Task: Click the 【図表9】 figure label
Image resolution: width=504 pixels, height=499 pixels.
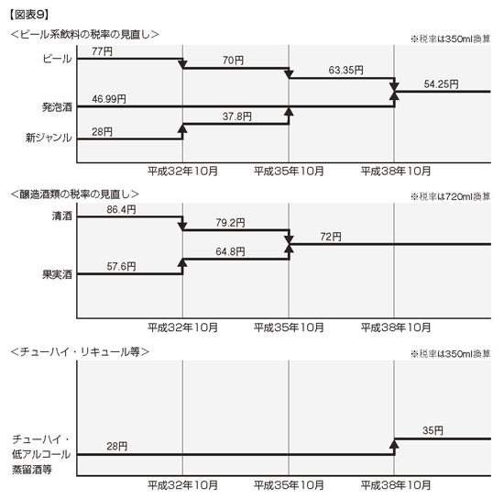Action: [x=29, y=15]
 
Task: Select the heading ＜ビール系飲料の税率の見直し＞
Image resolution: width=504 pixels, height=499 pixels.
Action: [x=85, y=35]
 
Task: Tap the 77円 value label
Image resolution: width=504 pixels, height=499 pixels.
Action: [x=102, y=51]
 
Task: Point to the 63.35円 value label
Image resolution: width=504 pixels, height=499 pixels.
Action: [x=345, y=70]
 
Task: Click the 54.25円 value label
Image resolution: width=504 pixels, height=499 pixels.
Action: [x=441, y=84]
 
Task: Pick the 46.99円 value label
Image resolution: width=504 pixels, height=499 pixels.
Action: [x=109, y=99]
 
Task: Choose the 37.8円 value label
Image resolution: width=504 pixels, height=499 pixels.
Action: [x=237, y=116]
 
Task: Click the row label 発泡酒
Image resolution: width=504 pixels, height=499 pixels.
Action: [x=57, y=107]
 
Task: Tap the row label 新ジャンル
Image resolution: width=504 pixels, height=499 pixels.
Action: [x=49, y=138]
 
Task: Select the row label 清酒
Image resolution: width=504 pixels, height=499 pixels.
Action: [x=62, y=216]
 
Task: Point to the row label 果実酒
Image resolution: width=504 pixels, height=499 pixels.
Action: [x=57, y=274]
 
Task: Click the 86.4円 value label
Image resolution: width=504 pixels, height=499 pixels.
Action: [x=121, y=209]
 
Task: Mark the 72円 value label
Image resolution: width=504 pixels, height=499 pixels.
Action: [x=331, y=237]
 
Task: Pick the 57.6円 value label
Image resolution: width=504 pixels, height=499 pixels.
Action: [x=121, y=266]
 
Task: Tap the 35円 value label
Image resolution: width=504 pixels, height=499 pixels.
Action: [x=433, y=430]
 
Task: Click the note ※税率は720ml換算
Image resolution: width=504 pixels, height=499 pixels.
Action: [x=450, y=196]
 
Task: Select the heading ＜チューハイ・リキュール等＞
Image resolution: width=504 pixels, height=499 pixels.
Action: [x=80, y=351]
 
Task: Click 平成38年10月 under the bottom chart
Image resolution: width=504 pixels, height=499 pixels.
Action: [x=395, y=485]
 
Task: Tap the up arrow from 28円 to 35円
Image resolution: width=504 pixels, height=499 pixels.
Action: [x=394, y=447]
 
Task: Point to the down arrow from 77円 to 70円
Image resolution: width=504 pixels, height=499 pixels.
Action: [x=182, y=63]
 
